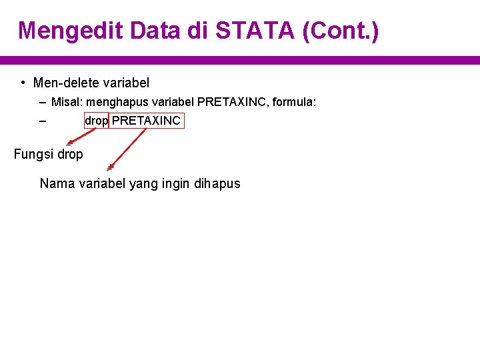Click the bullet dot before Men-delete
click(23, 83)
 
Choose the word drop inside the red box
click(96, 121)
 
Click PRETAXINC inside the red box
click(146, 121)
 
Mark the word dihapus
click(217, 183)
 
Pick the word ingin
click(175, 184)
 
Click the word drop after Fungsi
click(70, 155)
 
